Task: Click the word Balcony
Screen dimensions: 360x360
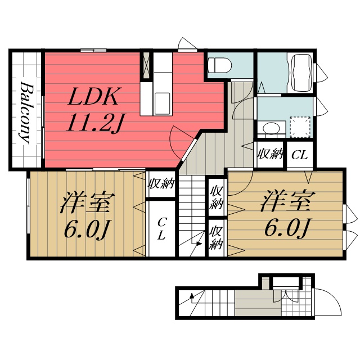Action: (25, 112)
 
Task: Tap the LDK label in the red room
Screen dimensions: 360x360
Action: (93, 97)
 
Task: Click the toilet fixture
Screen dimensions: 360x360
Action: (219, 65)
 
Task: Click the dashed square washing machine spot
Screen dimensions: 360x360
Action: (299, 125)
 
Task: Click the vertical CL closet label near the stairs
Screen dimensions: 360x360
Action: (161, 228)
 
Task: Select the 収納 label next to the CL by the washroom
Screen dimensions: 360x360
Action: (270, 154)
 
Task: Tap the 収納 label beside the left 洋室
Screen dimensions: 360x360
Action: (161, 184)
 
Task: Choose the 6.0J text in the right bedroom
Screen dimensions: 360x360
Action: (287, 227)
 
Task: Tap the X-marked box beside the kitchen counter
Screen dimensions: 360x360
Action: (146, 65)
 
